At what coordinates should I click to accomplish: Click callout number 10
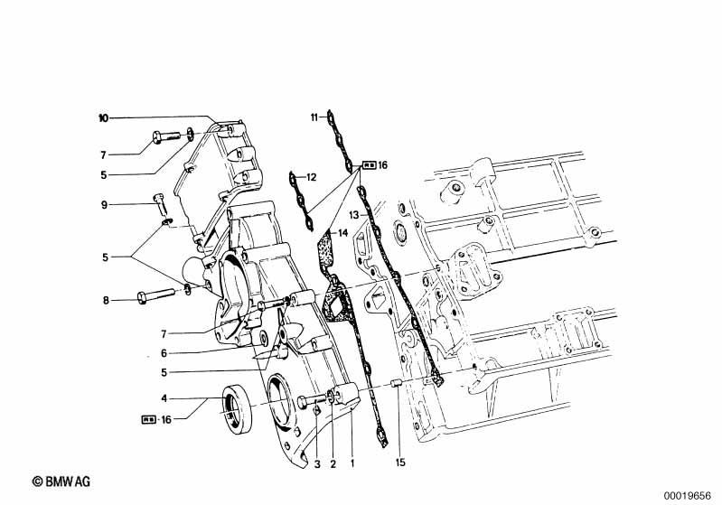coord(103,118)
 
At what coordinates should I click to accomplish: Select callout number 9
coord(105,205)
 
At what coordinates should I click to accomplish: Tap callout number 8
coord(105,299)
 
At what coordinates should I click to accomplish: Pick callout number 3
coord(317,463)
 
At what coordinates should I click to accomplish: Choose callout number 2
coord(333,463)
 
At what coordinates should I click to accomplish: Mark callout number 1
coord(352,463)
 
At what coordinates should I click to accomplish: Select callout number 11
coord(314,117)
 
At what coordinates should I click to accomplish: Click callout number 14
coord(342,234)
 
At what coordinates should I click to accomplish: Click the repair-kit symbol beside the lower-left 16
coord(148,419)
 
